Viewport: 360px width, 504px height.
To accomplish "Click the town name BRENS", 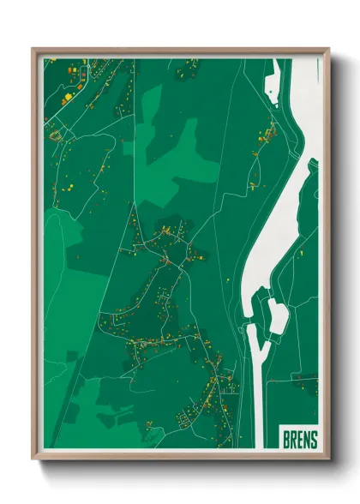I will point(300,440).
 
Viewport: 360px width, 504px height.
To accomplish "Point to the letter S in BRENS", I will point(314,440).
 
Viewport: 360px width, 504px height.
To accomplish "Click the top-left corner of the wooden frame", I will point(33,49).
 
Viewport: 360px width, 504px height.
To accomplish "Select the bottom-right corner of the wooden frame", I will point(328,460).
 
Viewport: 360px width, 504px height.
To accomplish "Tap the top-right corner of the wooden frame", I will point(328,49).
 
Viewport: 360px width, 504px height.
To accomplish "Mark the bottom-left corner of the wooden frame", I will point(33,460).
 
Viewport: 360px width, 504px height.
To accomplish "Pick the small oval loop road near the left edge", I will point(57,135).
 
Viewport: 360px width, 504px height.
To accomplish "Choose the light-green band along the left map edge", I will point(51,283).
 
